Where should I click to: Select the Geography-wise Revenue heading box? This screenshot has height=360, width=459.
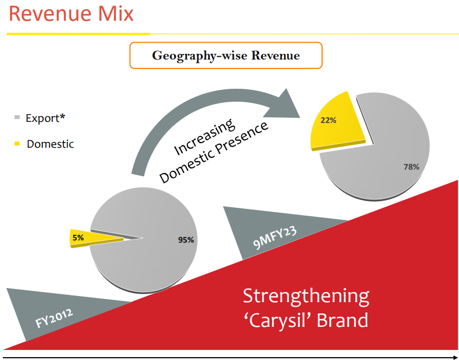[226, 56]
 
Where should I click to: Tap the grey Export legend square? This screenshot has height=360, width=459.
[16, 118]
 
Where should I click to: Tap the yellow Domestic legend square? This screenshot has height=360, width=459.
[16, 144]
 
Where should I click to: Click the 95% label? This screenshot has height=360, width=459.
[186, 240]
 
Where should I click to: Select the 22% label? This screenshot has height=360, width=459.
[328, 120]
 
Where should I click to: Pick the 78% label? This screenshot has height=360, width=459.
[411, 167]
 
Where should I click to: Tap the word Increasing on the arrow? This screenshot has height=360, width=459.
[204, 137]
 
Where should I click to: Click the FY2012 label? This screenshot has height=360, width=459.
[54, 316]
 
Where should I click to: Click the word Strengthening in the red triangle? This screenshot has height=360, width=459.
[306, 296]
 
